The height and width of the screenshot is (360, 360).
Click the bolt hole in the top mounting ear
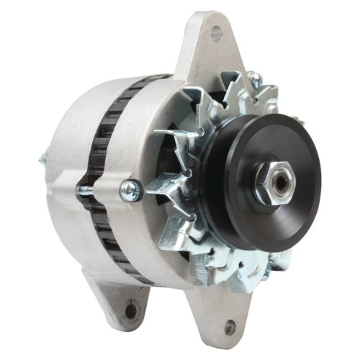(215, 32)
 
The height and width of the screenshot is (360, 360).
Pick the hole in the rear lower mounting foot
(130, 311)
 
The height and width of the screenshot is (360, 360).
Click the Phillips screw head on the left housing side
(130, 190)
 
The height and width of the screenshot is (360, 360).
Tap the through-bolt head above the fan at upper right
(253, 76)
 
